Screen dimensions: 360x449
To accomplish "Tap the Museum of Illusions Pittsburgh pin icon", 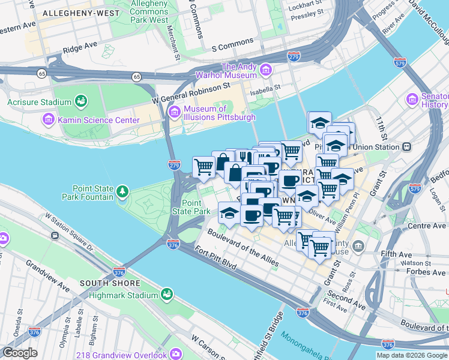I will pos(174,112).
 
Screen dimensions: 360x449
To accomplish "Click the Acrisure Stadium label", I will pos(35,102).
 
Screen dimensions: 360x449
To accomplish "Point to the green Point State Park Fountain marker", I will pos(122,191).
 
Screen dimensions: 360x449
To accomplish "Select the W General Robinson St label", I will pos(191,93).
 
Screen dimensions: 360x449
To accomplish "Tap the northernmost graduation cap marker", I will pos(319,122).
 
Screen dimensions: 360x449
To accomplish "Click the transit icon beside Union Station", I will pos(407,146).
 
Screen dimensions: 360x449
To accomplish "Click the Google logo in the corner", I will pos(20,353).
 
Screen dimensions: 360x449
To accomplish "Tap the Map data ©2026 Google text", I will pos(412,355).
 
